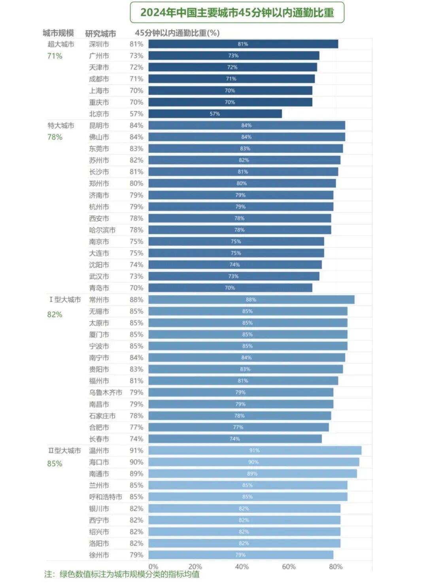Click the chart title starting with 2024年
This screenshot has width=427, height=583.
pos(237,13)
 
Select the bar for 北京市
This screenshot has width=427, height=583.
pos(215,114)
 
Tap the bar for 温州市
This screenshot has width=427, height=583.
pos(255,450)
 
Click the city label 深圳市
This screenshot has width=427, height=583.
pos(99,44)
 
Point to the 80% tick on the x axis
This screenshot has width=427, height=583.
pos(336,567)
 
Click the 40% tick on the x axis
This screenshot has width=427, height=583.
pos(242,567)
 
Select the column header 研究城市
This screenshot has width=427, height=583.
pos(100,33)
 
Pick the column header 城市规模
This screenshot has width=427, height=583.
pos(58,33)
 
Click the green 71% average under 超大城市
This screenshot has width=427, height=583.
pos(55,56)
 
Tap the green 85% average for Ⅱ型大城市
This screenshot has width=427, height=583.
pos(55,464)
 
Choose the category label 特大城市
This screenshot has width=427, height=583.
pos(61,126)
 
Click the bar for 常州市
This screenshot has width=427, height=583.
pos(251,300)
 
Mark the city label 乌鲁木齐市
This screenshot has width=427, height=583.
pos(105,393)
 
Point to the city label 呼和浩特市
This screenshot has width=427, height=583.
pos(105,497)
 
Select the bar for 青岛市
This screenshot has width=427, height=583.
pos(230,288)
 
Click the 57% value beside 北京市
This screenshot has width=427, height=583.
pos(136,114)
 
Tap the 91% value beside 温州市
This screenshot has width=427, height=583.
pos(136,450)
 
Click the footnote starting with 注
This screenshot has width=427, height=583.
pos(122,574)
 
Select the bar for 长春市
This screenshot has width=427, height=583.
pos(235,439)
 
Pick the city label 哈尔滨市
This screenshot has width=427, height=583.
pos(102,230)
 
